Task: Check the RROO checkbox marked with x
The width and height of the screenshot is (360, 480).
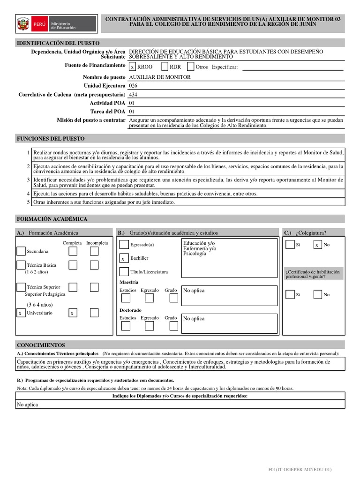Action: point(133,67)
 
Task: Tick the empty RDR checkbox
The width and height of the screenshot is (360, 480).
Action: point(165,67)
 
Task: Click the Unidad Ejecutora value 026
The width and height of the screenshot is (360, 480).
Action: point(133,86)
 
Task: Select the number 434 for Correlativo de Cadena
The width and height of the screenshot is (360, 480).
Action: point(133,94)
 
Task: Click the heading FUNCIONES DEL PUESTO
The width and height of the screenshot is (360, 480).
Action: point(51,139)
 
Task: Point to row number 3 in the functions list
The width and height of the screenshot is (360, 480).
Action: point(29,180)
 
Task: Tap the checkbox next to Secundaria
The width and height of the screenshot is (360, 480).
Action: point(21,252)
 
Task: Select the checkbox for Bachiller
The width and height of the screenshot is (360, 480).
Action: point(123,258)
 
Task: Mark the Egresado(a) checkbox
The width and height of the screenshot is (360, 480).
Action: point(124,245)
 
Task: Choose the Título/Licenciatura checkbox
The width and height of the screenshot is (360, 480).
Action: point(124,272)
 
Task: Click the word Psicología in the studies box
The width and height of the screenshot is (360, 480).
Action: point(195,254)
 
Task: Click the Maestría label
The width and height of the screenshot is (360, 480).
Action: point(129,282)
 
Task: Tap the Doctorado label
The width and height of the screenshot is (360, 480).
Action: point(130,310)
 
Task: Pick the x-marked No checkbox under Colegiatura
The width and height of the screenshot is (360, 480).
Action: point(317,245)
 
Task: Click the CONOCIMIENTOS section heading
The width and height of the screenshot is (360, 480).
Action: point(41,345)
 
